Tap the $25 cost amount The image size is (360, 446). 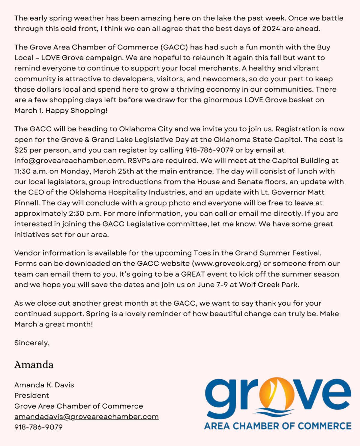[21, 150]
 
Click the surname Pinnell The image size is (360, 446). [27, 203]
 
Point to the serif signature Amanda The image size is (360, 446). [34, 365]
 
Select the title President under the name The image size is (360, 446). [31, 396]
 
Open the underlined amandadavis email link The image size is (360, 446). [86, 417]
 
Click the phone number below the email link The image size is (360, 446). [38, 427]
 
